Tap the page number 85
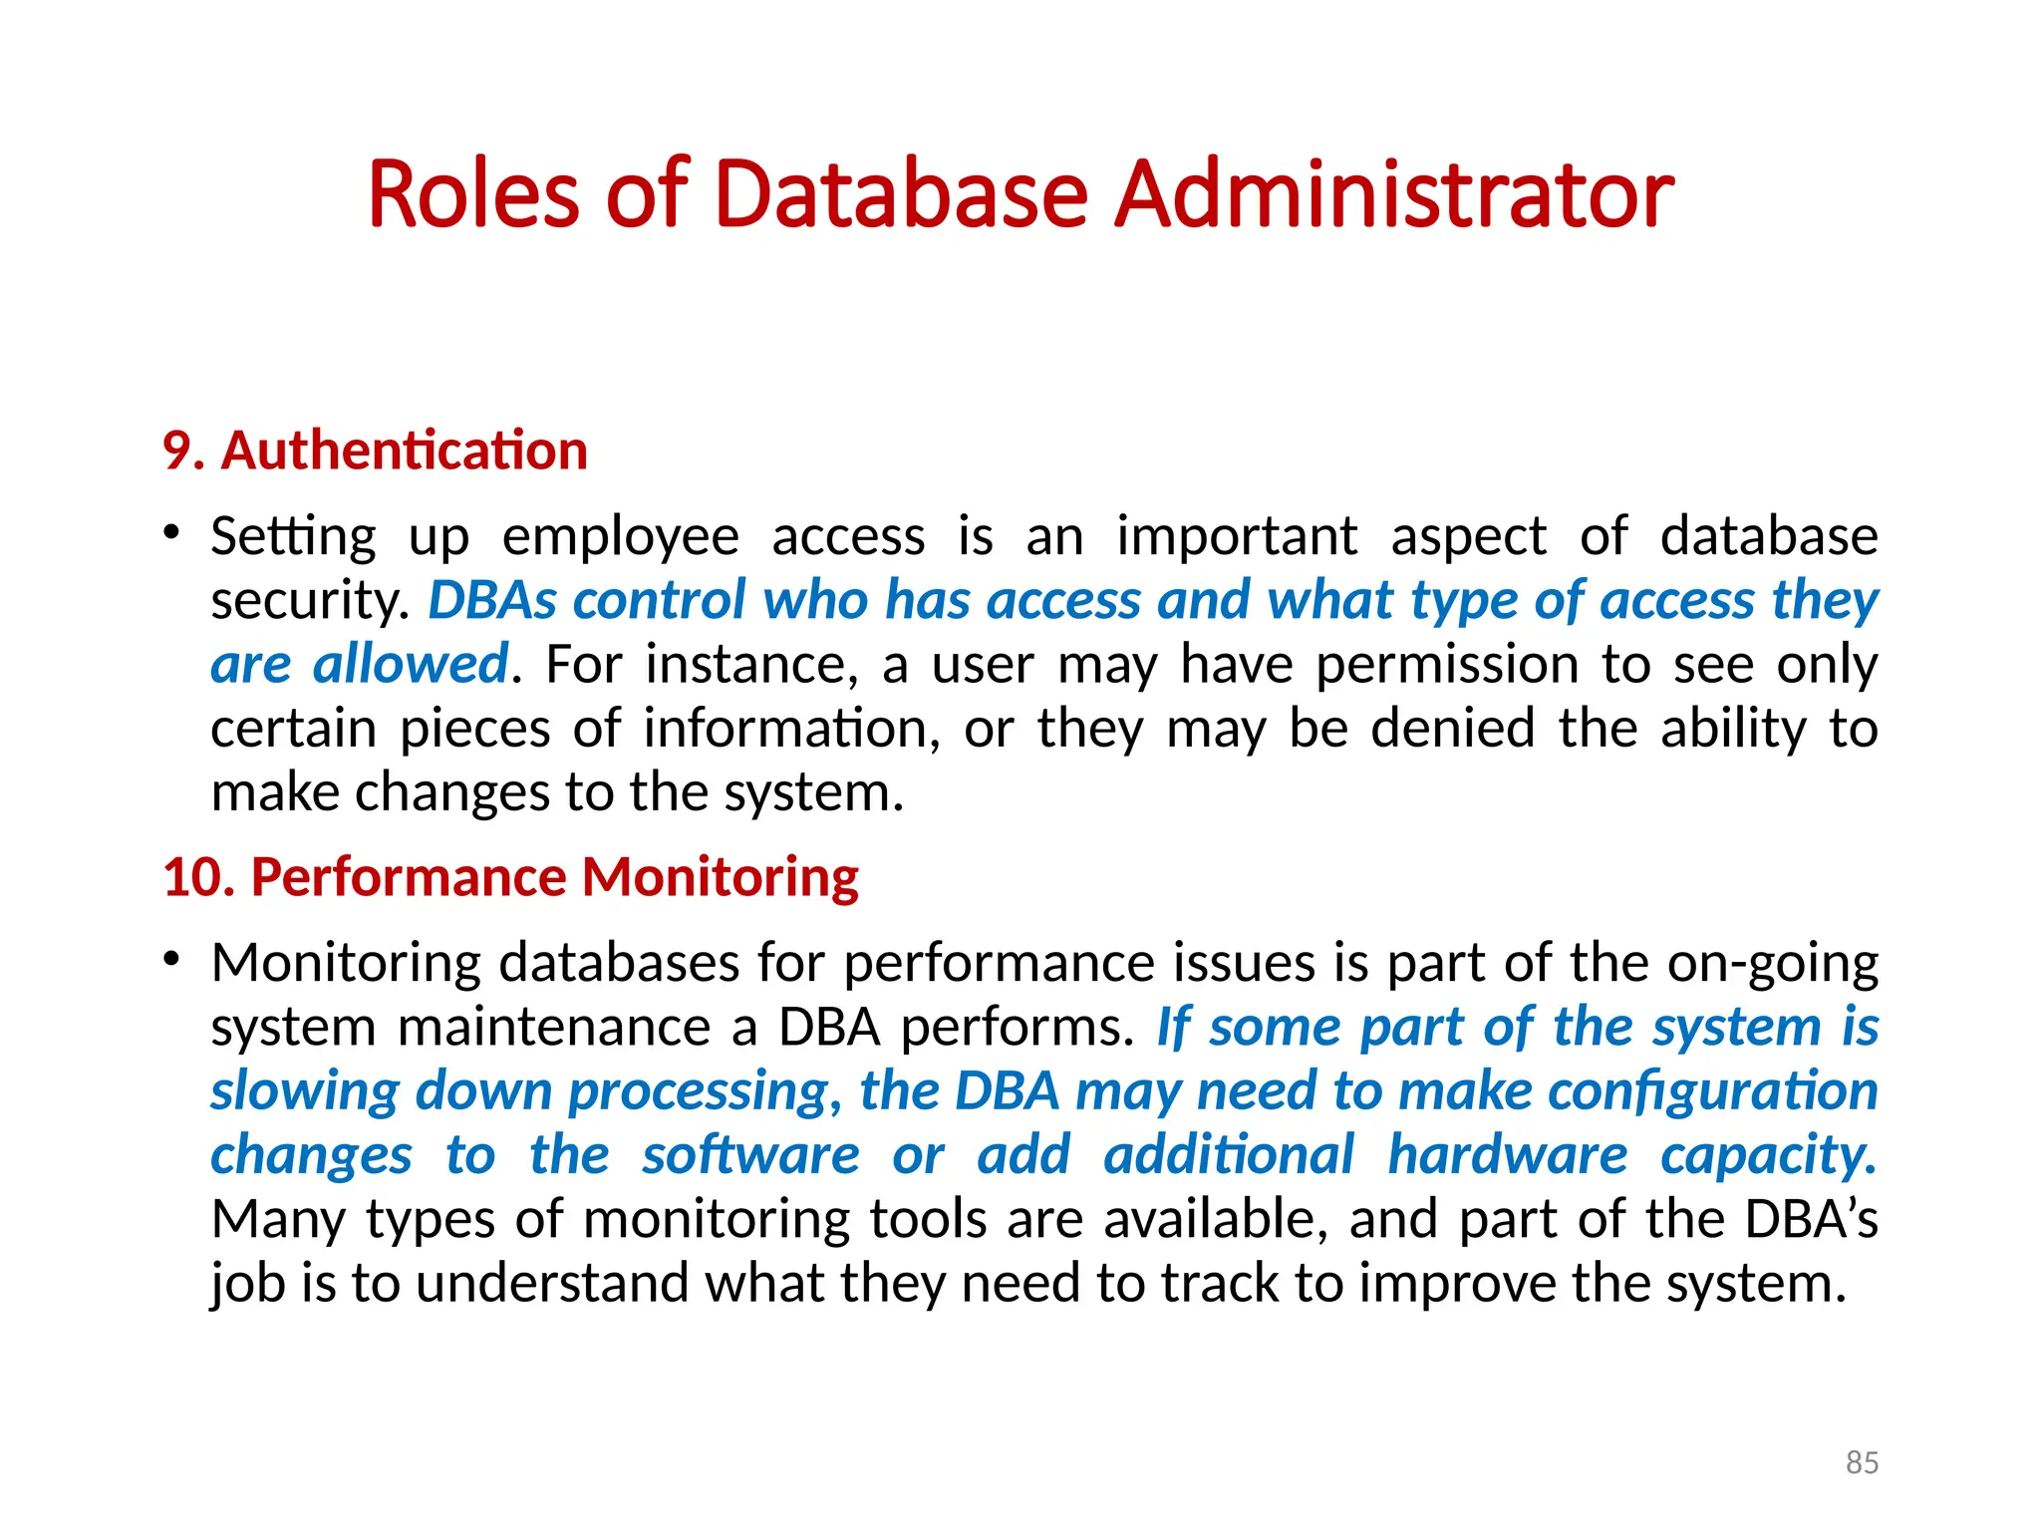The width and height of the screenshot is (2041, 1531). pyautogui.click(x=1862, y=1462)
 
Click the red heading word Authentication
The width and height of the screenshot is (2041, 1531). pyautogui.click(x=404, y=451)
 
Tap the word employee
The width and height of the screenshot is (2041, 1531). pyautogui.click(x=620, y=537)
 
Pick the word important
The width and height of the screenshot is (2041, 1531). pyautogui.click(x=1236, y=537)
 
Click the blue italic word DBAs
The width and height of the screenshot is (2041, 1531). pyautogui.click(x=492, y=601)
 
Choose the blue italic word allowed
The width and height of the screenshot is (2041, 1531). pyautogui.click(x=411, y=665)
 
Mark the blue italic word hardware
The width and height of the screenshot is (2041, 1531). pyautogui.click(x=1508, y=1155)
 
